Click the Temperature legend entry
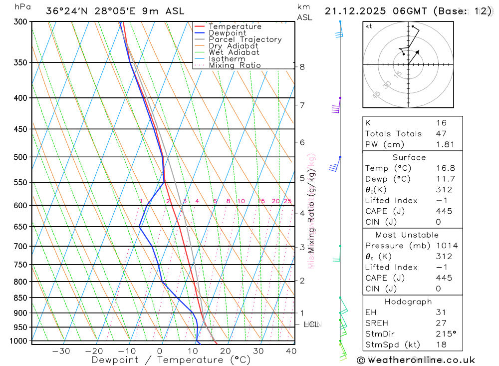click(x=235, y=26)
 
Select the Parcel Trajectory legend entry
click(x=245, y=39)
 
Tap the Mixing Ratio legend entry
click(x=235, y=65)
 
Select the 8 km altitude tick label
click(x=302, y=67)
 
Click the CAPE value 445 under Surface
click(x=444, y=211)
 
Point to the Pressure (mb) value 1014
click(x=446, y=246)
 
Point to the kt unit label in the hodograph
click(x=369, y=26)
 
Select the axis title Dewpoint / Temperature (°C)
click(x=171, y=360)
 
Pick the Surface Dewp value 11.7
click(x=445, y=179)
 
